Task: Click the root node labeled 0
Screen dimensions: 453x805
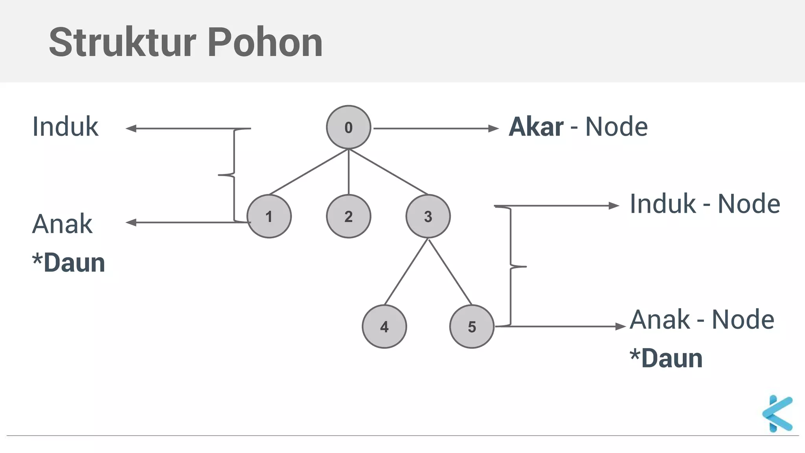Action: pos(348,127)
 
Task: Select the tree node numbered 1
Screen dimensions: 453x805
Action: pos(269,216)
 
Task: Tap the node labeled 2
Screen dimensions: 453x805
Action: pos(348,216)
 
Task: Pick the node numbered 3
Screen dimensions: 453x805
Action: pos(428,216)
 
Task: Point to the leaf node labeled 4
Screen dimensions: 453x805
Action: pos(384,326)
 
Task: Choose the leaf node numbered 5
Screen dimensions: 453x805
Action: pos(472,326)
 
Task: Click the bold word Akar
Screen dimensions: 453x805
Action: pos(536,127)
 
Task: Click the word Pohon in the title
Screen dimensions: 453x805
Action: pos(265,42)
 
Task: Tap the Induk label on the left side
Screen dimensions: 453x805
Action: pos(65,127)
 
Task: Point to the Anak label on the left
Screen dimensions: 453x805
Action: pos(62,224)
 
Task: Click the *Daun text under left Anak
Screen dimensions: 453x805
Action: pos(69,263)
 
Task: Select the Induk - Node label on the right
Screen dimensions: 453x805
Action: pos(705,204)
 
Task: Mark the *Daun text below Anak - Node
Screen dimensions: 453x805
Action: pos(666,358)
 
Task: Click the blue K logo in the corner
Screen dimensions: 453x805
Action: pos(777,414)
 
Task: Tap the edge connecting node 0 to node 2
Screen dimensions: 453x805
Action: pos(349,172)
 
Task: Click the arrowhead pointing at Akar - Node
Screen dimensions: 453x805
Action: pos(493,129)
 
